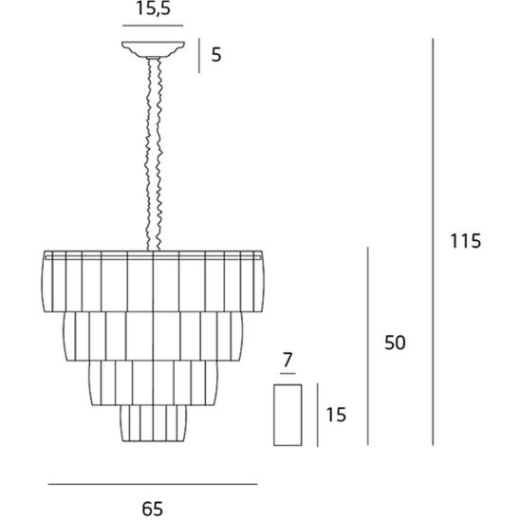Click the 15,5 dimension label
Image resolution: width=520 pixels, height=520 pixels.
[x=153, y=9]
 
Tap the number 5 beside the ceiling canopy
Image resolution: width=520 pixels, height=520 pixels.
[x=216, y=55]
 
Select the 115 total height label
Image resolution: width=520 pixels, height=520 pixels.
[x=465, y=241]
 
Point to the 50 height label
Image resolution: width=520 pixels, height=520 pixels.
[x=395, y=343]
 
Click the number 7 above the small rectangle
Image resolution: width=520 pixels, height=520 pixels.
[x=288, y=360]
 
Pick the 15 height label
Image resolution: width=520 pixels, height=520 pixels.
[x=336, y=415]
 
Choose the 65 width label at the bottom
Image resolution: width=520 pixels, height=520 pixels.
[x=153, y=509]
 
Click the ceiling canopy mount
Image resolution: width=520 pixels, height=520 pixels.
[x=153, y=49]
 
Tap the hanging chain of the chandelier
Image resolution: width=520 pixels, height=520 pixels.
[x=154, y=155]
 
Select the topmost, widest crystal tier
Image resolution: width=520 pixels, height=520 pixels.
[x=153, y=281]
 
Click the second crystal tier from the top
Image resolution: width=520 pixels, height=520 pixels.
[x=153, y=336]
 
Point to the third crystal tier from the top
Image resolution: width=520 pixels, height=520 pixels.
[x=153, y=383]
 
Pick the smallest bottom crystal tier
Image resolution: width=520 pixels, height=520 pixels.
[x=153, y=423]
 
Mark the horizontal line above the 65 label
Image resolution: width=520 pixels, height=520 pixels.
[x=153, y=484]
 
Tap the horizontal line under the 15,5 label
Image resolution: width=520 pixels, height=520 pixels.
[x=153, y=26]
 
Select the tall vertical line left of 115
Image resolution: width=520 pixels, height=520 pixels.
[x=433, y=242]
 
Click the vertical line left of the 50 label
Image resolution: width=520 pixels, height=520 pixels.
[x=368, y=346]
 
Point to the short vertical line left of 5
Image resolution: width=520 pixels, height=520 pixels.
[x=199, y=55]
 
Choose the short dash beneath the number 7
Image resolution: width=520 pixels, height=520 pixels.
[x=288, y=374]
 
